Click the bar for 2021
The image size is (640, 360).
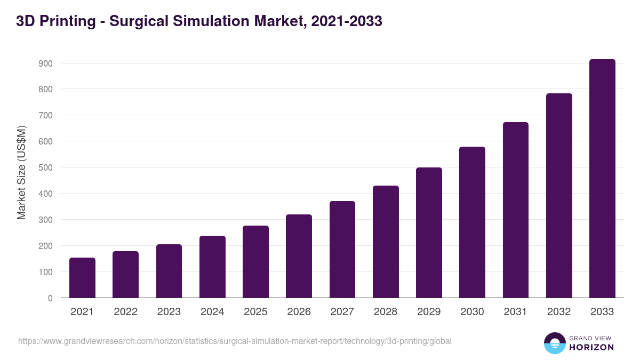(x=82, y=278)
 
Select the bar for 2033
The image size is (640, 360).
(x=602, y=179)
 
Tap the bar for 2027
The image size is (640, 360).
(x=342, y=250)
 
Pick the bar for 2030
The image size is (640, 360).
(x=472, y=222)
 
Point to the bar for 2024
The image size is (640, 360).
(x=212, y=267)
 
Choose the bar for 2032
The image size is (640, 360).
(x=559, y=196)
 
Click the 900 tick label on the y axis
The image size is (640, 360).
(x=45, y=63)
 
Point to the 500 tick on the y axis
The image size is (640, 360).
(x=45, y=167)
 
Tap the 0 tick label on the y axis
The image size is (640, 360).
(x=50, y=298)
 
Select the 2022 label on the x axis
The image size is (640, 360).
(x=125, y=312)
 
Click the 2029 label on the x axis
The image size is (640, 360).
(x=429, y=312)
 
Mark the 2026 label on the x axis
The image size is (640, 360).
(x=299, y=312)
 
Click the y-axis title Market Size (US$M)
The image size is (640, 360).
(x=21, y=172)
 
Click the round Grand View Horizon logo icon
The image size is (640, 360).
(x=554, y=343)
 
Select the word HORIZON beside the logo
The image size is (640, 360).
(x=592, y=347)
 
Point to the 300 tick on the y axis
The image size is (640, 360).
(x=45, y=220)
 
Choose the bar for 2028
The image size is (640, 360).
(x=386, y=242)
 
